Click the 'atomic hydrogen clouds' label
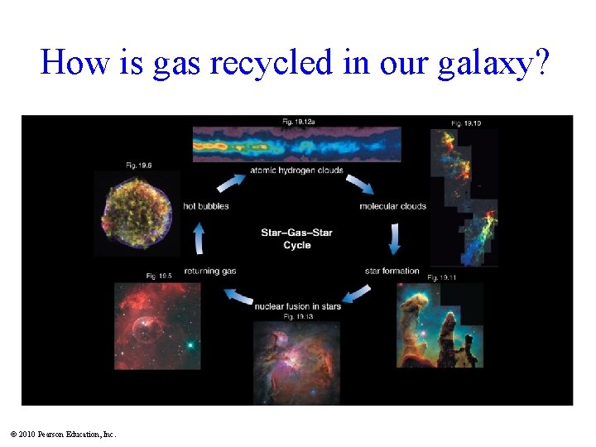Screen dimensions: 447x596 296,171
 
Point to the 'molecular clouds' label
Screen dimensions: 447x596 393,205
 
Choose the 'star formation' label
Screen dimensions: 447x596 392,271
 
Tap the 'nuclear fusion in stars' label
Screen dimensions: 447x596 297,306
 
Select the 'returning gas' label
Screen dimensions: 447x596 210,271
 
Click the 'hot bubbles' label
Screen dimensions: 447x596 205,205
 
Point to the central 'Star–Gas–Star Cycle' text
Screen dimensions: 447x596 296,238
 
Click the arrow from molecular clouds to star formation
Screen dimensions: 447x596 394,238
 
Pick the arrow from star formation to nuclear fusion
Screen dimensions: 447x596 358,295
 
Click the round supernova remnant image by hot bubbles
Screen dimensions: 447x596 139,213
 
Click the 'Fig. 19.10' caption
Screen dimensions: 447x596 466,123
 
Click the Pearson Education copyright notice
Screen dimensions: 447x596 64,434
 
